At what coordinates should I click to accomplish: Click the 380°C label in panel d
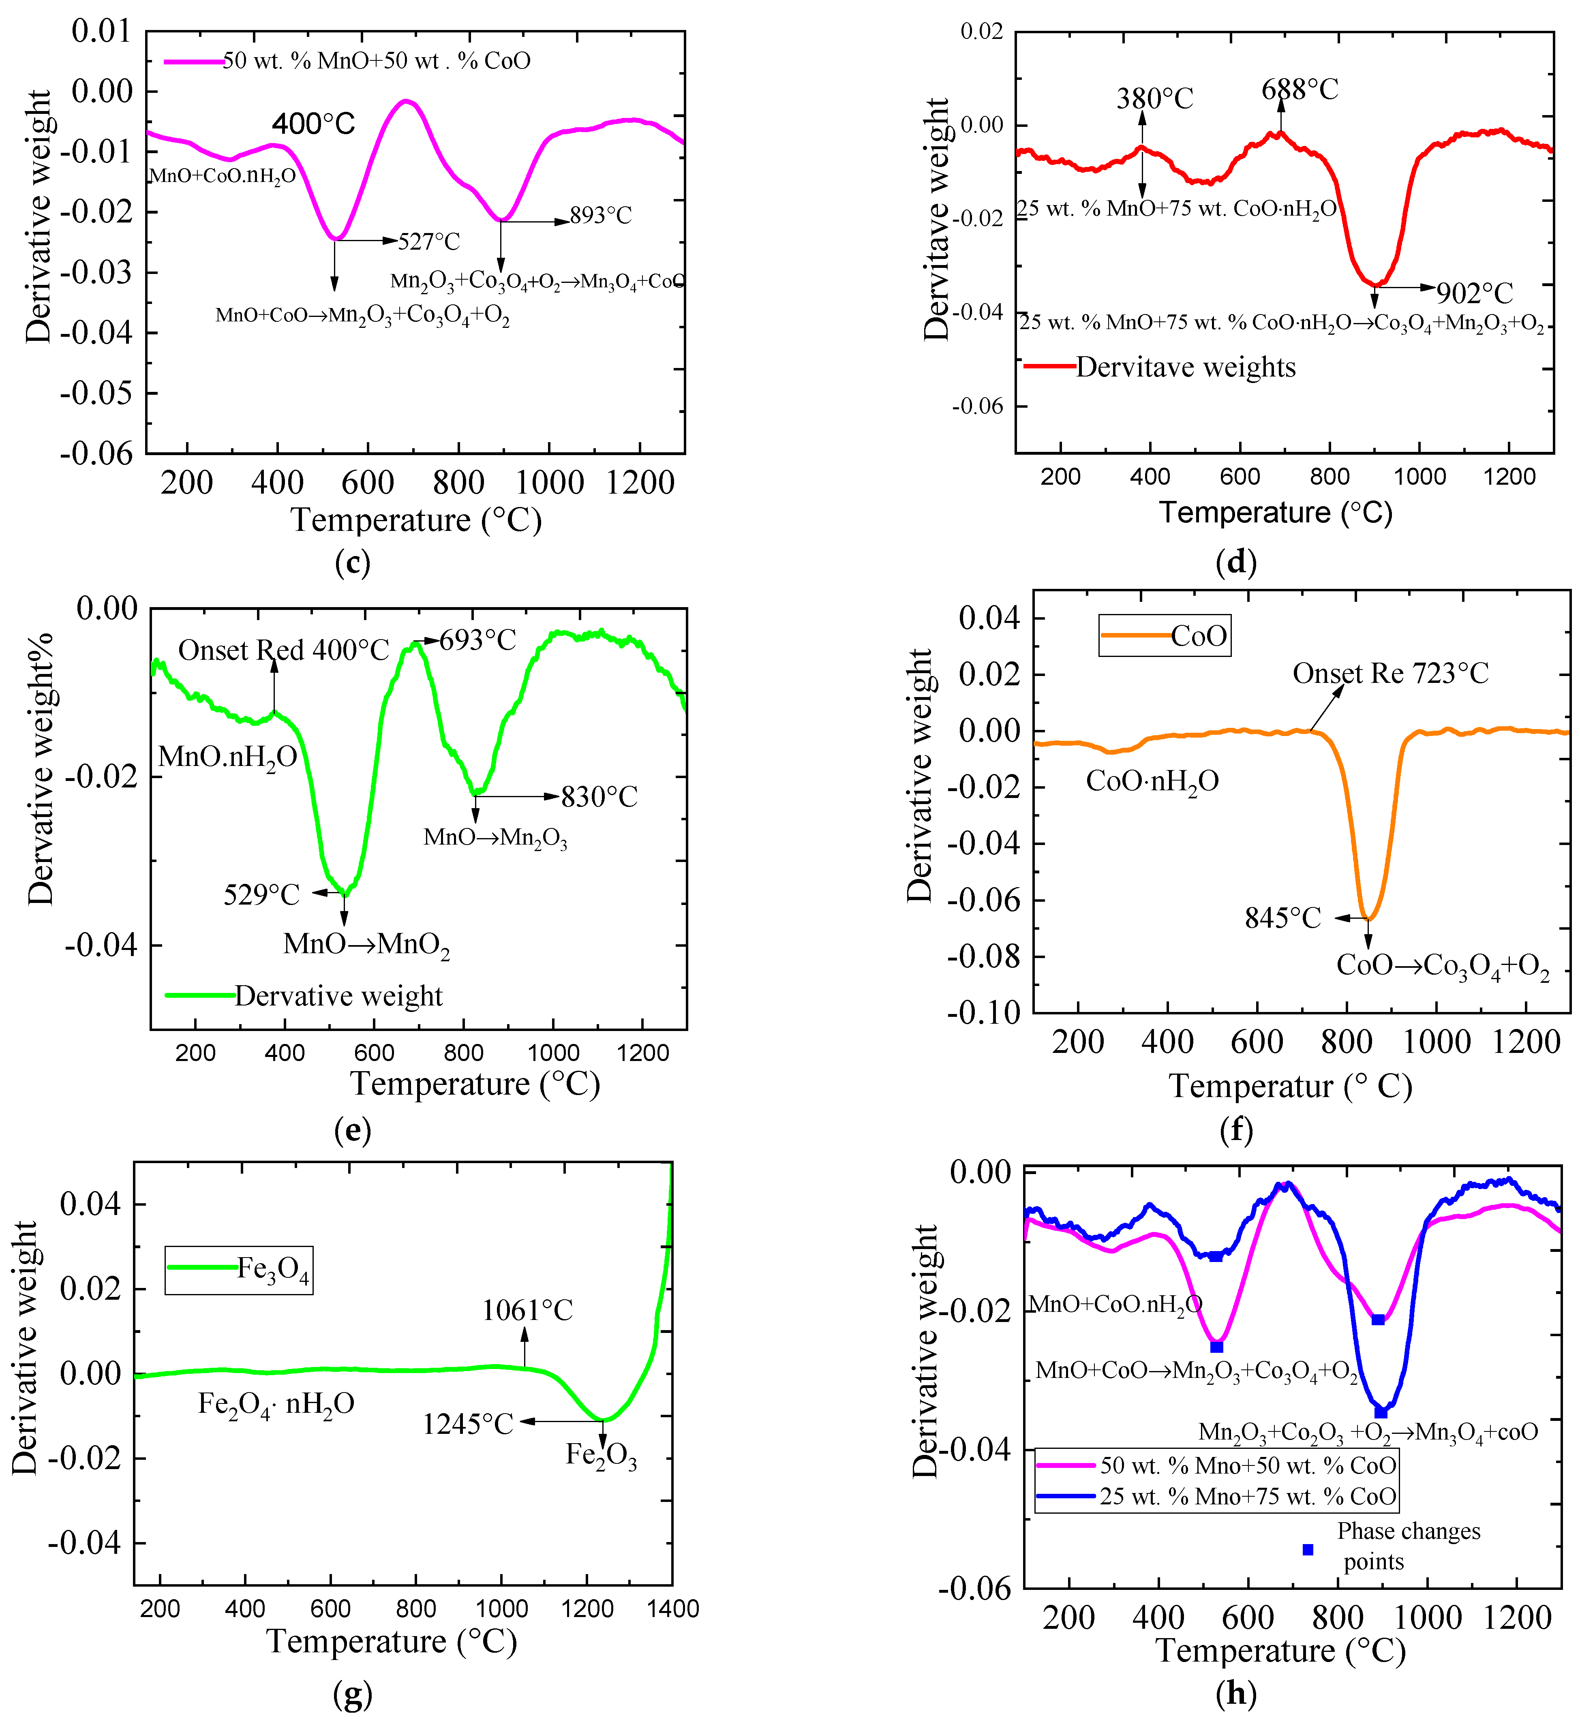[x=1154, y=99]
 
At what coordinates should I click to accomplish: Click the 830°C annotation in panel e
[x=599, y=797]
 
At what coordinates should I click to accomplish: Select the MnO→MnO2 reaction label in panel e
[x=367, y=945]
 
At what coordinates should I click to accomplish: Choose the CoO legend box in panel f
[x=1165, y=635]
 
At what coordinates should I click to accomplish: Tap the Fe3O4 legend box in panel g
[x=238, y=1270]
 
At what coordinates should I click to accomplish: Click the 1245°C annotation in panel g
[x=468, y=1424]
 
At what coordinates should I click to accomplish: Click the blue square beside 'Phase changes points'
[x=1307, y=1549]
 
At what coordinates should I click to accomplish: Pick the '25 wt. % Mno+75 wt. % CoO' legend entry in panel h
[x=1247, y=1496]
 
